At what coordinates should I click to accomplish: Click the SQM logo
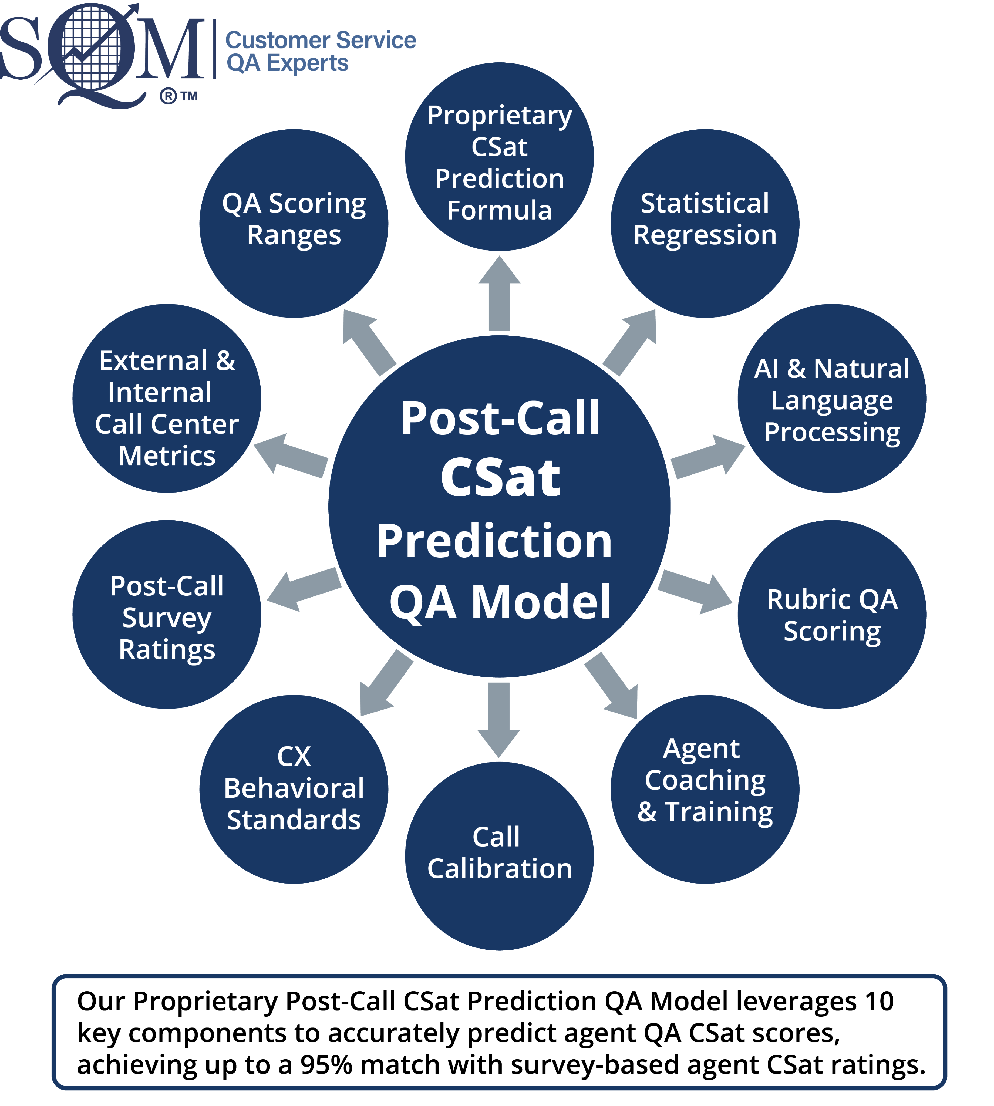pos(101,52)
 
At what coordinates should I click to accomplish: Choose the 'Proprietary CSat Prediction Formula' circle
pos(499,157)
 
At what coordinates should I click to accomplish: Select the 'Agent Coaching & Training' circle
pos(705,789)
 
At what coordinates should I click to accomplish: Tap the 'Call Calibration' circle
pos(499,856)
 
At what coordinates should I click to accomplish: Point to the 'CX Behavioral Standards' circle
pos(294,789)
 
